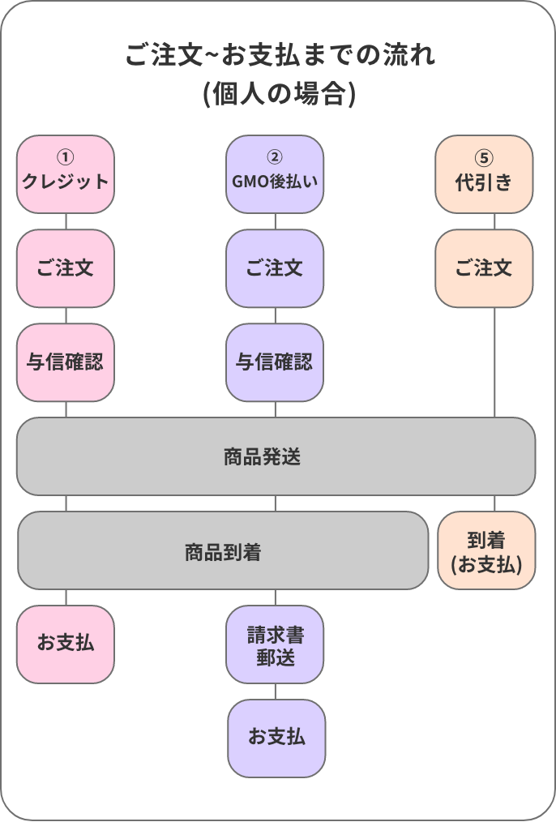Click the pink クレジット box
[66, 174]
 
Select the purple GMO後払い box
[275, 174]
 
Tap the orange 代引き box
[484, 174]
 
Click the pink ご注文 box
[66, 268]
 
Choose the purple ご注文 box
[275, 268]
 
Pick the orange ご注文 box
[484, 268]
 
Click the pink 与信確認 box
[66, 362]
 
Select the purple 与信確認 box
[275, 362]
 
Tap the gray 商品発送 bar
[276, 456]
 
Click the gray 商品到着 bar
[223, 550]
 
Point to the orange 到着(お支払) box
[486, 550]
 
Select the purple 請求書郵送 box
[275, 644]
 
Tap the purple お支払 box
[276, 739]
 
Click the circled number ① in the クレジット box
[66, 157]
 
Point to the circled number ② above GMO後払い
[275, 157]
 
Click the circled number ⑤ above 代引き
[485, 157]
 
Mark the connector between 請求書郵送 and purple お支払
[276, 691]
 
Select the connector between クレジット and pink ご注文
[66, 221]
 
